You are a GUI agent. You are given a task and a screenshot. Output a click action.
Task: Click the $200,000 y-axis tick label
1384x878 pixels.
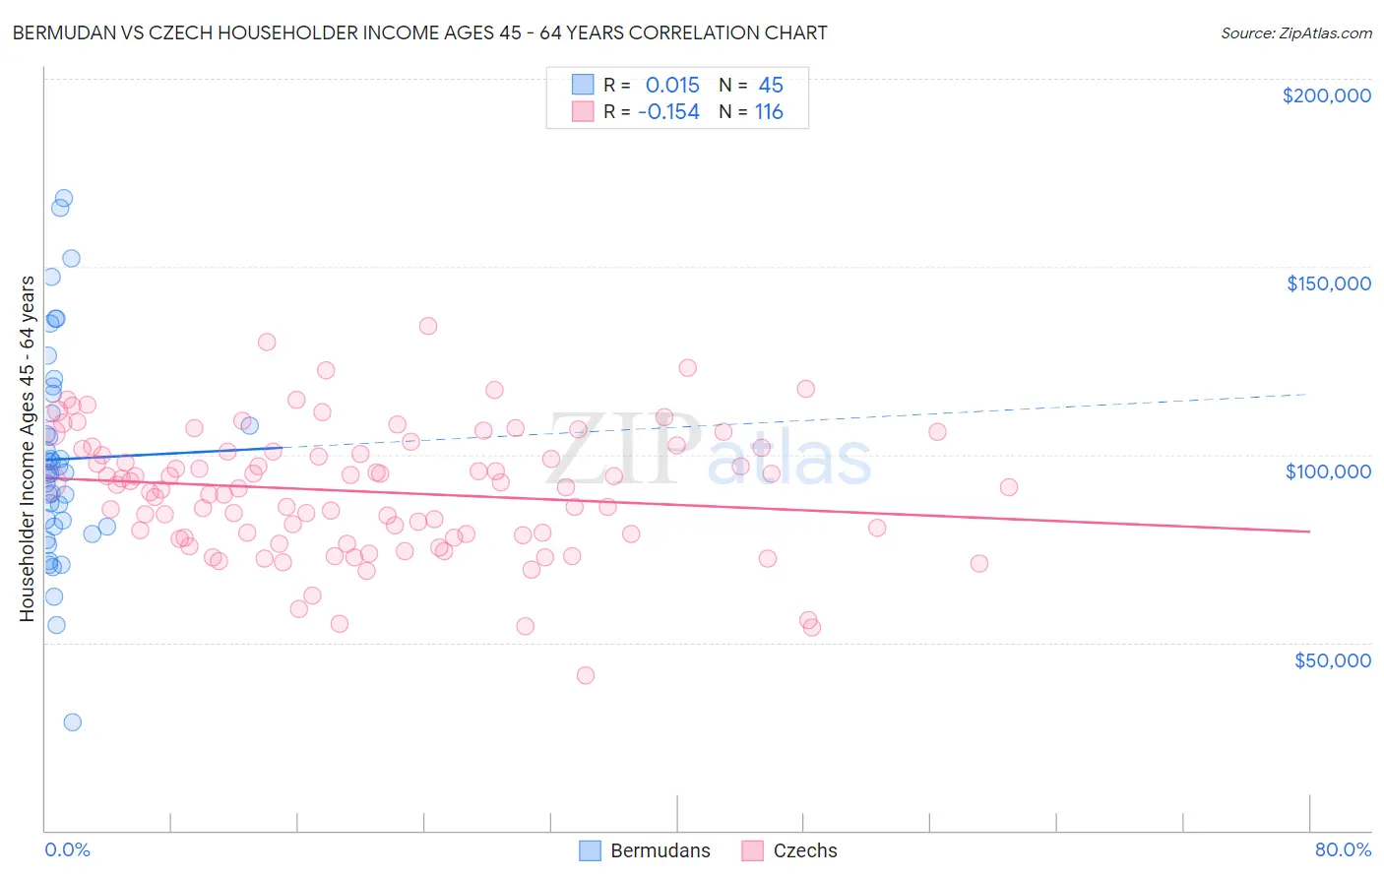[x=1326, y=95]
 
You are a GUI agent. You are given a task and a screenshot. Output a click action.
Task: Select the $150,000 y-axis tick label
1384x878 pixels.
[x=1328, y=283]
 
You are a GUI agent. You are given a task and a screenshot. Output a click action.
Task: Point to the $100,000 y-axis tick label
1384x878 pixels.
[x=1328, y=471]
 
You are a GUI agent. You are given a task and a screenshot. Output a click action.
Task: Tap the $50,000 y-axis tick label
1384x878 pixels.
[x=1332, y=659]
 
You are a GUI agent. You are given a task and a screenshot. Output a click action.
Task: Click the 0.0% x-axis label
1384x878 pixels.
[x=67, y=849]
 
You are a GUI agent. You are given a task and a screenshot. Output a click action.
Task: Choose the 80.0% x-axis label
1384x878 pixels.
[x=1343, y=849]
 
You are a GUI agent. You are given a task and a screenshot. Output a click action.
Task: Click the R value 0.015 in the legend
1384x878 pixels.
[x=672, y=85]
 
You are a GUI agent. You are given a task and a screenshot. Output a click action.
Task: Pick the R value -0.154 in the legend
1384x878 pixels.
[x=668, y=112]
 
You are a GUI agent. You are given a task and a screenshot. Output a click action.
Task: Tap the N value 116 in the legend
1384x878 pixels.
[x=769, y=112]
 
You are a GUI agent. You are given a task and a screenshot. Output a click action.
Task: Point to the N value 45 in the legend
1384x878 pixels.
[x=771, y=85]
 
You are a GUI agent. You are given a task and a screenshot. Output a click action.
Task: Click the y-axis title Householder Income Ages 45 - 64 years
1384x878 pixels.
[x=28, y=449]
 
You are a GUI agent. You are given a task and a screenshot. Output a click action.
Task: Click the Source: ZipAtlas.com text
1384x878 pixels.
[x=1295, y=32]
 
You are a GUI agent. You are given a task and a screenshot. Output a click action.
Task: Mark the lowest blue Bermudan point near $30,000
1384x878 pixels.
[x=72, y=721]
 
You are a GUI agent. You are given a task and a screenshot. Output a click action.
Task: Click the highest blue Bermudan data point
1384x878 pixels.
[x=64, y=198]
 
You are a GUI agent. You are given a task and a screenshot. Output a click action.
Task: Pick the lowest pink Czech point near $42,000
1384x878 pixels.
[x=586, y=675]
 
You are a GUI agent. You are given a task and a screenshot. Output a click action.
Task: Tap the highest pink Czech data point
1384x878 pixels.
[x=427, y=326]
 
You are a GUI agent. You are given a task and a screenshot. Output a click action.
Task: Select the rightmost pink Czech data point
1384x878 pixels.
[x=1009, y=487]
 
